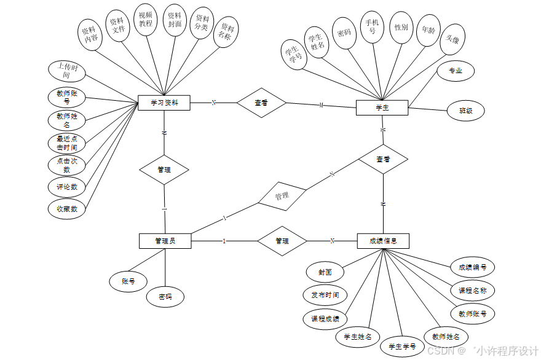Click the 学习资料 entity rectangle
(164, 103)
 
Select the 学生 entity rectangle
(382, 108)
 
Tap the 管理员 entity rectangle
(165, 241)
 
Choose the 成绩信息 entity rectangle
(382, 241)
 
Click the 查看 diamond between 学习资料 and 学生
(261, 103)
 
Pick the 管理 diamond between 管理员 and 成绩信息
(282, 241)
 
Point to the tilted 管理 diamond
(282, 197)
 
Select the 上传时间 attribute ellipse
(67, 72)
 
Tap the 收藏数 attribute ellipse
(66, 209)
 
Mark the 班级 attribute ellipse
(465, 111)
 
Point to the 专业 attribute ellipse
(455, 71)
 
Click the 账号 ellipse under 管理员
(128, 281)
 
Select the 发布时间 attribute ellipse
(325, 295)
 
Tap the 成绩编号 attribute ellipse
(472, 267)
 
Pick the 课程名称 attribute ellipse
(472, 290)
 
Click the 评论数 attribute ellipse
(66, 187)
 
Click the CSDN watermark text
(440, 351)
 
